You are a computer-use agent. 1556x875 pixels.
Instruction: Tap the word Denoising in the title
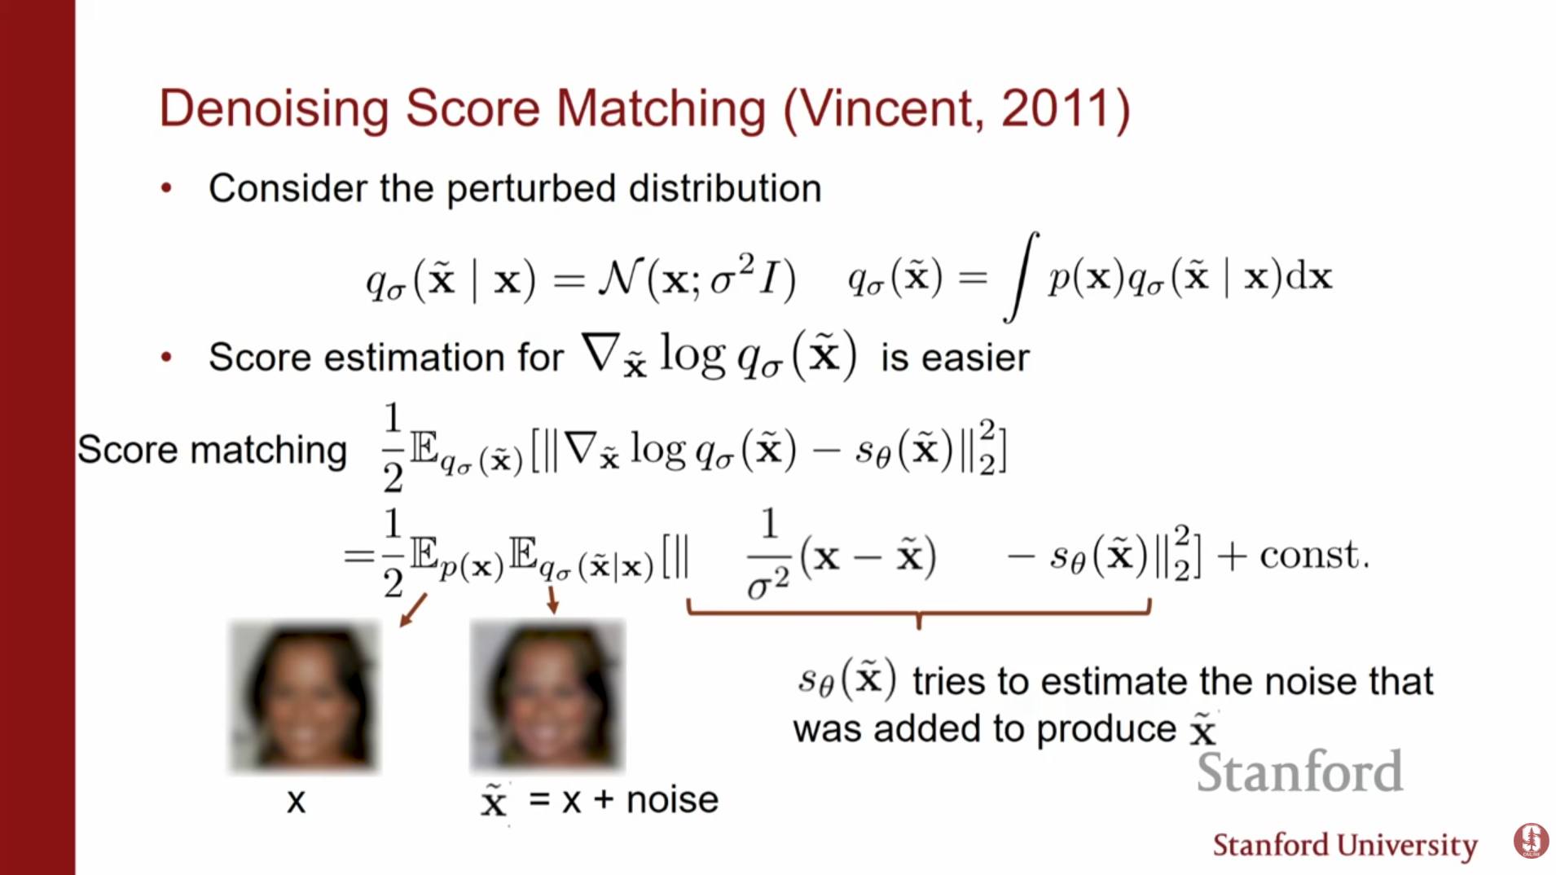tap(274, 109)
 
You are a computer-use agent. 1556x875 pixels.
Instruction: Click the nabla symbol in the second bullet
tap(600, 353)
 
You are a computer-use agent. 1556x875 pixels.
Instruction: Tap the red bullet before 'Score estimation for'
tap(166, 357)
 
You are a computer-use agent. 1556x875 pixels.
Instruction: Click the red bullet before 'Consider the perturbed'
tap(166, 188)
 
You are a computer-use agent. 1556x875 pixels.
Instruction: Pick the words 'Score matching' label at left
tap(212, 450)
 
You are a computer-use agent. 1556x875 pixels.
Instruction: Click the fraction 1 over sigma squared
tap(768, 555)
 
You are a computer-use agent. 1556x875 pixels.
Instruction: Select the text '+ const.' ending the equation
tap(1294, 556)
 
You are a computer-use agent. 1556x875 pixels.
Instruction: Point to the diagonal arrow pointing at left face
tap(413, 610)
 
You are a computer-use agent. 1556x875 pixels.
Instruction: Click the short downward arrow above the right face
tap(552, 599)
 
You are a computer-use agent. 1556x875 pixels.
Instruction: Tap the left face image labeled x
tap(305, 697)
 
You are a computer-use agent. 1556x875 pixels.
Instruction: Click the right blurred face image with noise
tap(547, 695)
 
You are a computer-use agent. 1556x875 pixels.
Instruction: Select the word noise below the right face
tap(672, 800)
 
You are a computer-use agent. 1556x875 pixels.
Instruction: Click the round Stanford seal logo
tap(1531, 841)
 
